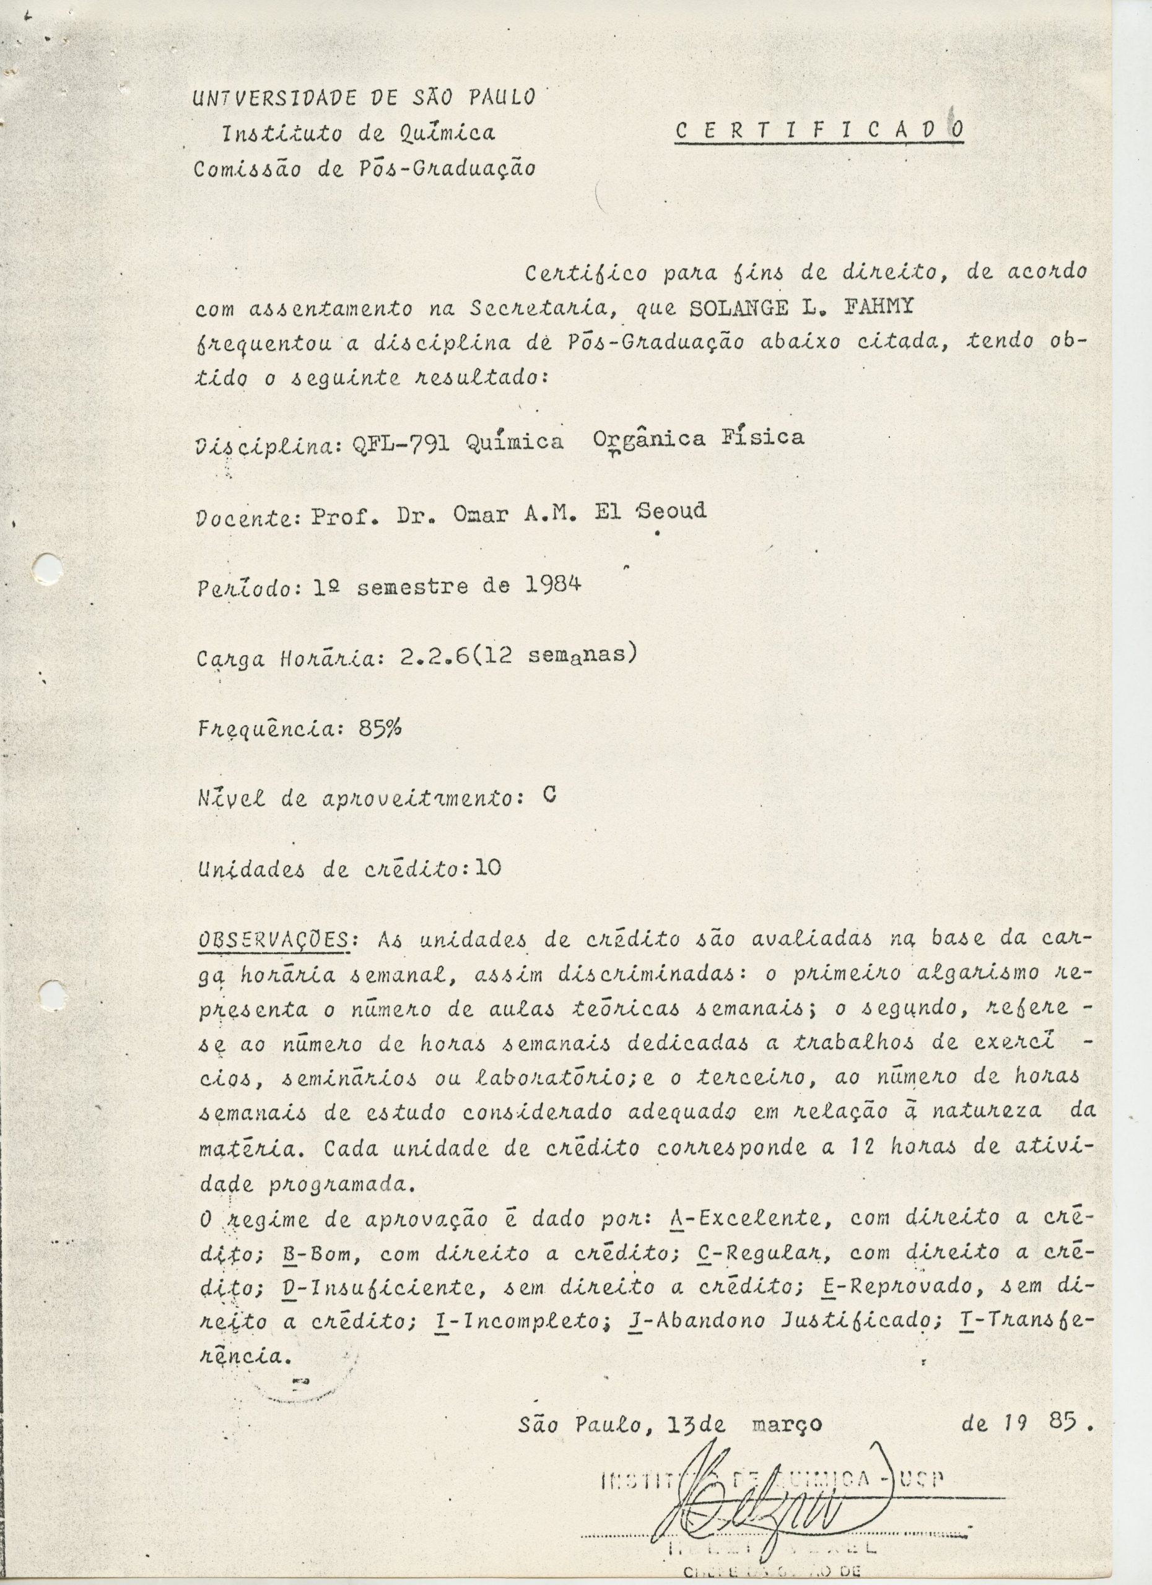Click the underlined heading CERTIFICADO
819,130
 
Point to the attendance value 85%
380,728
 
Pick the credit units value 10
487,868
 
